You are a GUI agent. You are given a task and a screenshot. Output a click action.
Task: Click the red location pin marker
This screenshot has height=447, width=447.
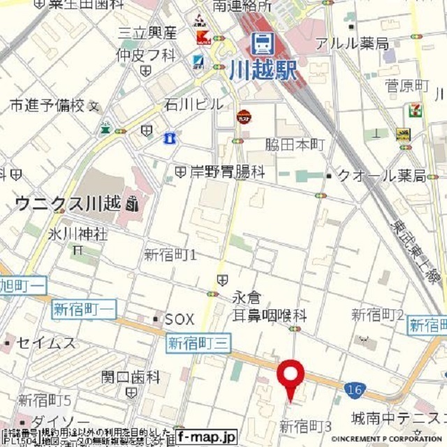click(290, 375)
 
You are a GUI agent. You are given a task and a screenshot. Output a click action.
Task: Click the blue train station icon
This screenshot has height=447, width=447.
click(263, 43)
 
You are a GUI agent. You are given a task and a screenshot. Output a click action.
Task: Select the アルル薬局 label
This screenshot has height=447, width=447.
click(352, 43)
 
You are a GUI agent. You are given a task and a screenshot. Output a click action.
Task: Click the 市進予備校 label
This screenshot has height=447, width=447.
click(47, 105)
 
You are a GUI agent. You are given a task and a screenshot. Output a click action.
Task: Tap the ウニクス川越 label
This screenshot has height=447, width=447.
click(68, 204)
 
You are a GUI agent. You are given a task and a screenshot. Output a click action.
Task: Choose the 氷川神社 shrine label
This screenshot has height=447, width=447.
click(78, 234)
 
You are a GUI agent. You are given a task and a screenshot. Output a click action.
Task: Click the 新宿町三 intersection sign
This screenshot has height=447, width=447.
click(198, 343)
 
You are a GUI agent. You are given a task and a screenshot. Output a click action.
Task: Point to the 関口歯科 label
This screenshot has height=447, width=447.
click(131, 377)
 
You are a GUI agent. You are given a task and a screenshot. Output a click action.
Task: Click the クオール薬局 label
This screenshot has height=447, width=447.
click(381, 175)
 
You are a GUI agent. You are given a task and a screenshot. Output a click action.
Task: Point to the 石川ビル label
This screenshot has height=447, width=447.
click(194, 104)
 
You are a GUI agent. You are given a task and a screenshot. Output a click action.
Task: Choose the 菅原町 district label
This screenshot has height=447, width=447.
click(407, 85)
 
